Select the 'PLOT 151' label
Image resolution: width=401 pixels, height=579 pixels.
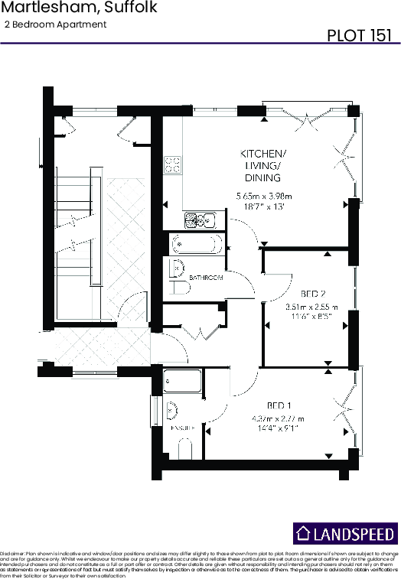[x=360, y=35]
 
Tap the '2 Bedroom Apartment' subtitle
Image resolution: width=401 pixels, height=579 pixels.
[x=55, y=24]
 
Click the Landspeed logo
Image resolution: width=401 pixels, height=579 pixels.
[x=345, y=533]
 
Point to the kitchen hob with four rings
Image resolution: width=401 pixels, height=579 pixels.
[x=173, y=164]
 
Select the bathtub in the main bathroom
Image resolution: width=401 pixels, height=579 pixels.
[x=197, y=245]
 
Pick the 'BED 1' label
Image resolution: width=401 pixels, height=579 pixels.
[x=278, y=405]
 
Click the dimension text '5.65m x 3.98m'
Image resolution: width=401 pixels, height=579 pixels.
[x=264, y=196]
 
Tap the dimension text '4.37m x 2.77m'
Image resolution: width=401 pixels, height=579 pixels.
[x=278, y=418]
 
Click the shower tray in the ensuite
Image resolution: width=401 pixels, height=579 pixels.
[x=182, y=382]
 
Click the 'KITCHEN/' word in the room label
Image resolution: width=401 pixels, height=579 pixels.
[x=264, y=152]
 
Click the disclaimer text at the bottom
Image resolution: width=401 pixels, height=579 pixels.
[x=200, y=562]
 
